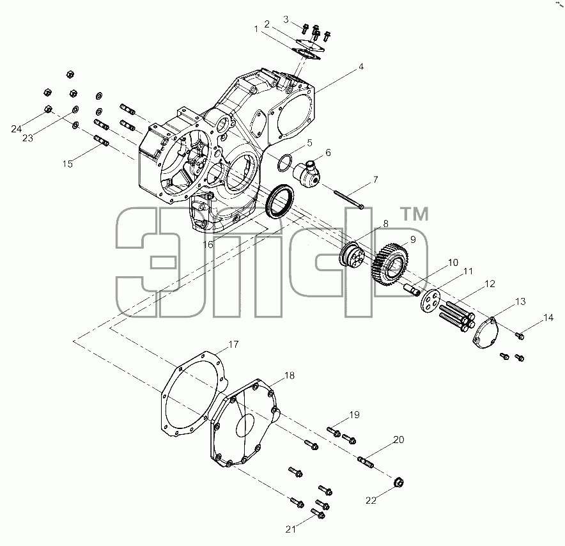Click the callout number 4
point(361,66)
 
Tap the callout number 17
point(233,345)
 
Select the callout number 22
point(371,500)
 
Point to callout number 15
point(67,164)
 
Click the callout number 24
point(16,129)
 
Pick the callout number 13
point(520,301)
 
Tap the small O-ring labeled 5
point(284,163)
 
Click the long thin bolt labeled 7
point(348,199)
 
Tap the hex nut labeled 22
point(399,482)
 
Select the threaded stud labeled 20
point(366,462)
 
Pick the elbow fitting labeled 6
point(307,175)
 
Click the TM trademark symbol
point(415,214)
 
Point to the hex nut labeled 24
point(48,109)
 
